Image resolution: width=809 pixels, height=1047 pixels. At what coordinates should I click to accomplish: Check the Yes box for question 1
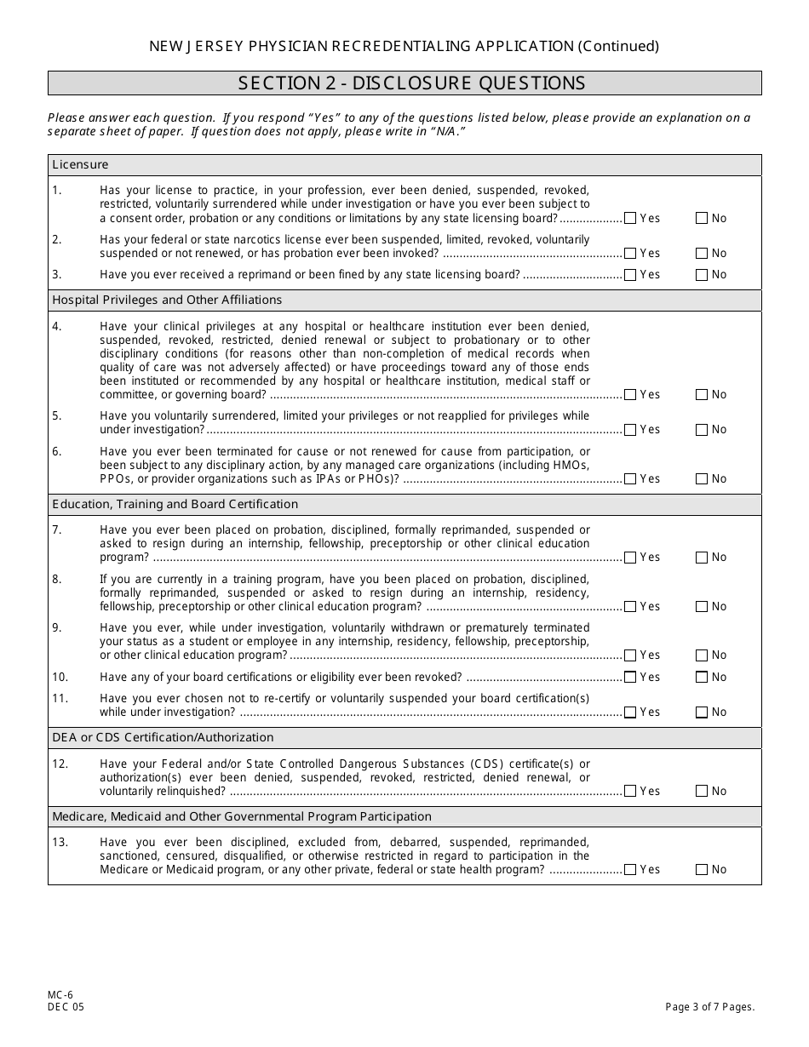[630, 219]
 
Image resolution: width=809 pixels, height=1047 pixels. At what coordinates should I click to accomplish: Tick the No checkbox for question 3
[702, 275]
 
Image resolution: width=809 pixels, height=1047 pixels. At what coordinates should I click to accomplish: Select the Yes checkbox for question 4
[630, 395]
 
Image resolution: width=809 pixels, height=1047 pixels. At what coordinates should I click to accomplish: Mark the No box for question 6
[702, 479]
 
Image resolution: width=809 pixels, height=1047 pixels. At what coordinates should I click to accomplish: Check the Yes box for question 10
[630, 678]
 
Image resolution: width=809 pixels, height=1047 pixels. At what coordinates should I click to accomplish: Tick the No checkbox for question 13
[702, 870]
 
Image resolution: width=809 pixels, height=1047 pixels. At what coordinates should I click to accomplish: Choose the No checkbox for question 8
[702, 607]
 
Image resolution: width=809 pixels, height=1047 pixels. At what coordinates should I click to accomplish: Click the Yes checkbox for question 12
[630, 792]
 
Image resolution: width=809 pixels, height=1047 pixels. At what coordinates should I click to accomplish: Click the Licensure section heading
[80, 165]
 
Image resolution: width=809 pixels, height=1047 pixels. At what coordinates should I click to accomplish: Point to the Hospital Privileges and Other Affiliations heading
[167, 300]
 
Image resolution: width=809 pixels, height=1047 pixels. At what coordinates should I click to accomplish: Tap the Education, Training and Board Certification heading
[175, 505]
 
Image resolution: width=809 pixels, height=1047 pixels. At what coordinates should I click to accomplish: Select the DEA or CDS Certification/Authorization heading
[163, 738]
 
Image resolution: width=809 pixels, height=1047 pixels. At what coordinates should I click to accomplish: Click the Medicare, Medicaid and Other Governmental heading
[242, 817]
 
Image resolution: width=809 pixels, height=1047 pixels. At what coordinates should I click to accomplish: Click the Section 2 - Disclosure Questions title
[411, 83]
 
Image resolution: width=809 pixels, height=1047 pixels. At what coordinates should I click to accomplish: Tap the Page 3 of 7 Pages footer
[710, 1007]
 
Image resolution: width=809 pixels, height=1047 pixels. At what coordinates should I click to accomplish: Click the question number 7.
[56, 530]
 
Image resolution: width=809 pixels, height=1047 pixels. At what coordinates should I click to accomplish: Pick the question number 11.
[60, 699]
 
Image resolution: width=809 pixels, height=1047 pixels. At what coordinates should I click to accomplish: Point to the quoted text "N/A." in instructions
[448, 132]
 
